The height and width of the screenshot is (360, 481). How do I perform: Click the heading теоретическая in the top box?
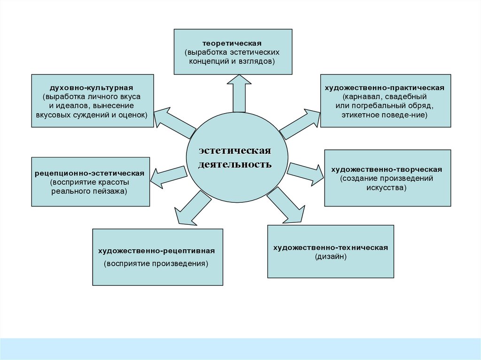click(x=233, y=43)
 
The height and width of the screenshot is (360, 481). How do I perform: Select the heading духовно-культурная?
click(x=92, y=88)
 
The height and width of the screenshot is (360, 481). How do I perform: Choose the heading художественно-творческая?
click(x=387, y=169)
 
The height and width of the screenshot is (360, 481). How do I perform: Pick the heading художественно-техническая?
click(x=330, y=247)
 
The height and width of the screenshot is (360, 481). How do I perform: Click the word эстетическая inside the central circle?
click(x=235, y=151)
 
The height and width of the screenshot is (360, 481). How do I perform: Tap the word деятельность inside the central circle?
click(x=235, y=165)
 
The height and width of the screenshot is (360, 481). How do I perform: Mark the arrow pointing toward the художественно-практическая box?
click(x=301, y=123)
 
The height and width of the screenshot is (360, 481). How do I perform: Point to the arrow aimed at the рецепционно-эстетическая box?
click(x=167, y=176)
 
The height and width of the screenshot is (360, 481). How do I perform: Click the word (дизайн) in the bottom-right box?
click(x=330, y=257)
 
